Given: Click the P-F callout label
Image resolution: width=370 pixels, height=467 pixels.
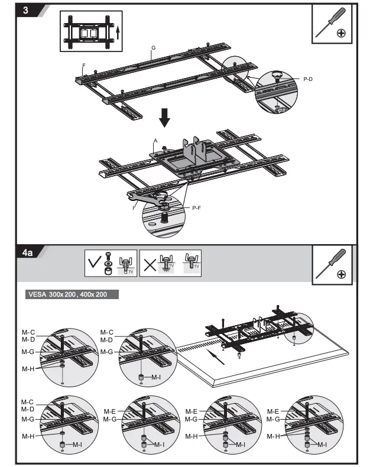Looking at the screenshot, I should [197, 207].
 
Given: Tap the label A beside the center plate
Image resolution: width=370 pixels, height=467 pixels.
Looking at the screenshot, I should [155, 141].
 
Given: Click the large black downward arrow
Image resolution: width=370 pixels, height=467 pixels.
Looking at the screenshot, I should [165, 118].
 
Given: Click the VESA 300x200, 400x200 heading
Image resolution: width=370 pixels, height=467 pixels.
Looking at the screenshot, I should [67, 294].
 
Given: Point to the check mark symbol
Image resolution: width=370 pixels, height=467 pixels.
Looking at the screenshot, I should [95, 262].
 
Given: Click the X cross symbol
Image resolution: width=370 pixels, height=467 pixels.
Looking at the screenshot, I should [150, 264].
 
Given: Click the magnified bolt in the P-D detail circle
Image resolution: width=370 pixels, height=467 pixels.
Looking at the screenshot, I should [276, 77].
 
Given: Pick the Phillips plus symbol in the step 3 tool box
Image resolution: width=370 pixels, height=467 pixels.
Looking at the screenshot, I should [341, 33].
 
